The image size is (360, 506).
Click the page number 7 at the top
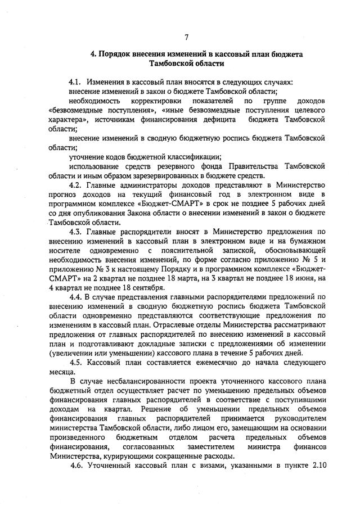pyautogui.click(x=186, y=37)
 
